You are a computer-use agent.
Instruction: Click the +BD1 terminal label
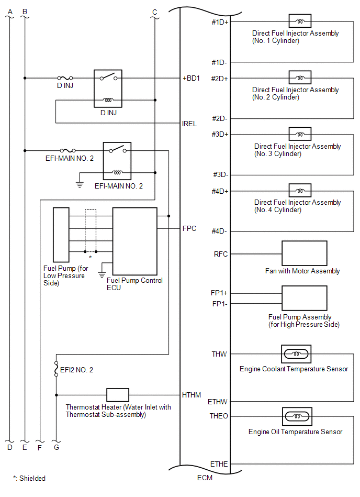[191, 78]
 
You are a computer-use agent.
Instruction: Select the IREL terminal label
[189, 124]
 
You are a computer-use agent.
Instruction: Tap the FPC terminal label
[189, 228]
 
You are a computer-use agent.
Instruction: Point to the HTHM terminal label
[191, 395]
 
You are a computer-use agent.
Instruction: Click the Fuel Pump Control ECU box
[135, 241]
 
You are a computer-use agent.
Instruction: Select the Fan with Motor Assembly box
[305, 253]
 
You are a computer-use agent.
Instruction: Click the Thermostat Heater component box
[118, 395]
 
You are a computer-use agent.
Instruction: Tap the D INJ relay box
[108, 89]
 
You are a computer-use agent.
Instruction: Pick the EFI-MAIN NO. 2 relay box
[117, 161]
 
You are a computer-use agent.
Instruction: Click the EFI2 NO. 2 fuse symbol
[57, 369]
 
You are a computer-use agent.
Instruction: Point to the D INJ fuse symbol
[65, 78]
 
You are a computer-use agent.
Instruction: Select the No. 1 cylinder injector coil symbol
[300, 21]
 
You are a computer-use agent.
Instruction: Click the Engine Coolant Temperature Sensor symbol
[296, 354]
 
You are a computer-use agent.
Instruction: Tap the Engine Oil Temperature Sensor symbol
[297, 416]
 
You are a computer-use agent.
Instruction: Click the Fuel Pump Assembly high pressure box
[305, 298]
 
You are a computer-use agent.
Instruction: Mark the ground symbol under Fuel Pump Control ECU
[102, 274]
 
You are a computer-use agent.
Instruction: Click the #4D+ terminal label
[220, 191]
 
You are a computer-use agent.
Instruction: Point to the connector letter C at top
[154, 12]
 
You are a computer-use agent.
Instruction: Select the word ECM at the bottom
[205, 478]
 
